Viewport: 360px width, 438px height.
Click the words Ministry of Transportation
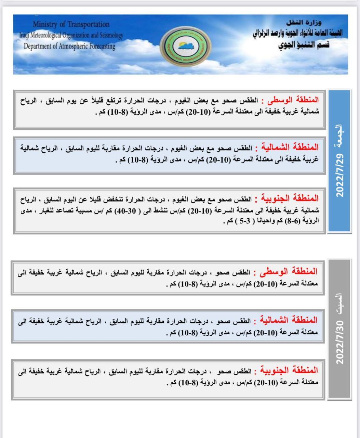pyautogui.click(x=71, y=24)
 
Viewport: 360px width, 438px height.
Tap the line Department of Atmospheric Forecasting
pyautogui.click(x=69, y=46)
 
